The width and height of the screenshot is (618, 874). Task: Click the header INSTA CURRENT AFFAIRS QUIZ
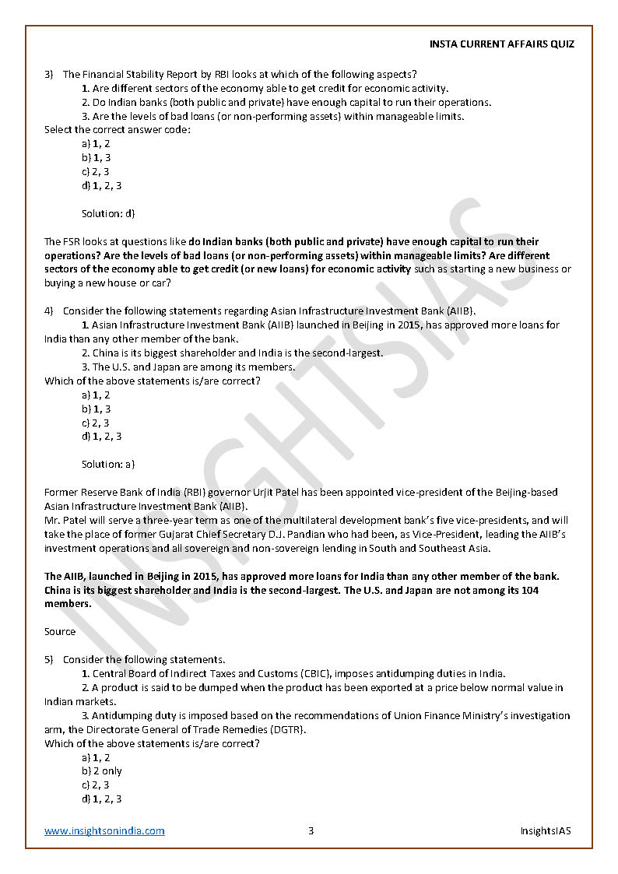click(x=502, y=44)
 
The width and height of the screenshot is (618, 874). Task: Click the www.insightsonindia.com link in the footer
click(x=104, y=830)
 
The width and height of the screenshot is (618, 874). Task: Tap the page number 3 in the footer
click(x=311, y=830)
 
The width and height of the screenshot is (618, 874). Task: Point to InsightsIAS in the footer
click(x=546, y=830)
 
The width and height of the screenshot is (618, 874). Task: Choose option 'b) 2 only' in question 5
click(x=102, y=771)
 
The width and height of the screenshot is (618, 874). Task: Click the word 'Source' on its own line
click(x=60, y=632)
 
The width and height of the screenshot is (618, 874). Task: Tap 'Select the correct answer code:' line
click(x=118, y=130)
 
